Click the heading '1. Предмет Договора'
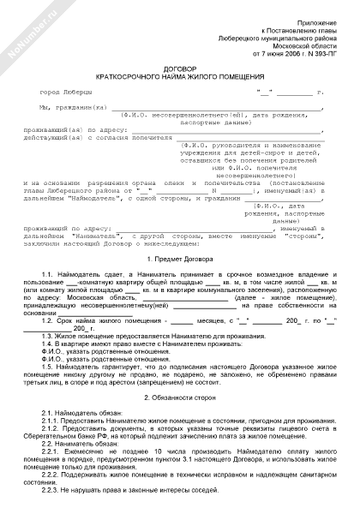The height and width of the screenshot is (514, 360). tap(180, 258)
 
